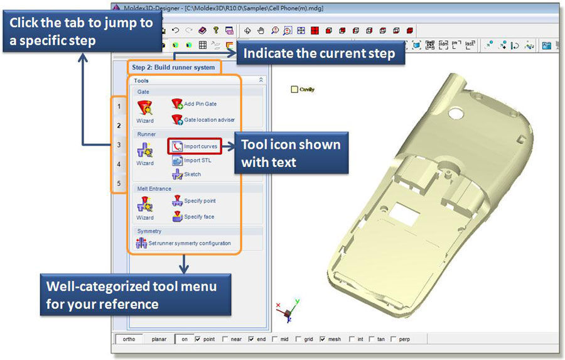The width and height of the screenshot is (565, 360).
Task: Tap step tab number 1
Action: point(119,107)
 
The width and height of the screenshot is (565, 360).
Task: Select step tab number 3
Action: point(119,145)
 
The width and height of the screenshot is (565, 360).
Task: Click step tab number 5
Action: point(119,183)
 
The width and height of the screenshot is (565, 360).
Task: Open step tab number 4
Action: point(119,165)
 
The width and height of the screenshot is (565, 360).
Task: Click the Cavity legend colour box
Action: point(295,90)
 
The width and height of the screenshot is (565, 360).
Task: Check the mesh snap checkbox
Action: point(323,339)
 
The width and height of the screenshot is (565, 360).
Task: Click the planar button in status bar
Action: point(159,339)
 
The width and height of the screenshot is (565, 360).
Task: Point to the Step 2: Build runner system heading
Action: point(173,67)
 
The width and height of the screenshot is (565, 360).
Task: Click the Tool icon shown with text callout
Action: point(291,153)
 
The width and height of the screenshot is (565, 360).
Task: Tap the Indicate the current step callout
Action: point(319,53)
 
